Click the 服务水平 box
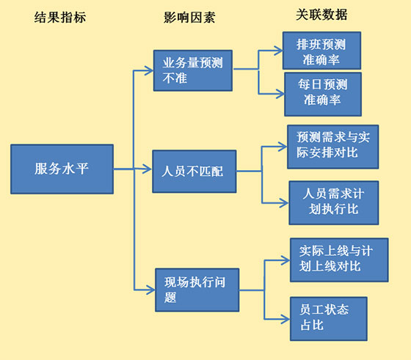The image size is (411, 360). (62, 169)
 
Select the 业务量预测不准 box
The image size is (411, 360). (193, 70)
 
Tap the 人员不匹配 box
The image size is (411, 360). (194, 172)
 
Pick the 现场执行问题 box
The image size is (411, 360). (197, 290)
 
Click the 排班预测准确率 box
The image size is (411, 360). (321, 51)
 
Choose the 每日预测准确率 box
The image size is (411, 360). (323, 95)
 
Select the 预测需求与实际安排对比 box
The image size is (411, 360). (333, 147)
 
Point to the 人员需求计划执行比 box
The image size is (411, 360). (334, 202)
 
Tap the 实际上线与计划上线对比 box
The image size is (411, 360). (339, 260)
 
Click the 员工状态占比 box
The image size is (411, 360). (329, 319)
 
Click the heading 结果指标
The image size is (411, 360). (60, 18)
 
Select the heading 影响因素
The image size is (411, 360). (189, 18)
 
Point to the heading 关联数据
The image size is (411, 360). (321, 15)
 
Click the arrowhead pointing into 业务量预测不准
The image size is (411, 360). (149, 70)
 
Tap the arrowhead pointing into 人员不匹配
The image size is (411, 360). (148, 169)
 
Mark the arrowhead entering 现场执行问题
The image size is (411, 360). (150, 290)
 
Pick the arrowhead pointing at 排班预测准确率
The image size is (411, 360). (278, 51)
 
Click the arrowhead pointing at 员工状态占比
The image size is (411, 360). (285, 319)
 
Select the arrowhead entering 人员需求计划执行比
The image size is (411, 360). (284, 203)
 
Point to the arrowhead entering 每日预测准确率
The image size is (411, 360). (280, 94)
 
